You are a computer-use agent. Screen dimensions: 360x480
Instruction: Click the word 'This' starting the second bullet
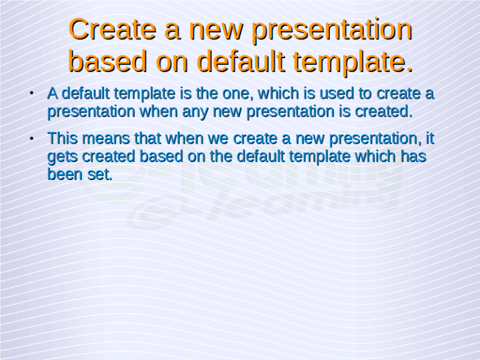[x=63, y=137]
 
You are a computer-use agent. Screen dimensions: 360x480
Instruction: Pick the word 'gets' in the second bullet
[x=62, y=156]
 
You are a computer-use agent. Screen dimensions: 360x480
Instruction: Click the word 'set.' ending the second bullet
[x=99, y=174]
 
